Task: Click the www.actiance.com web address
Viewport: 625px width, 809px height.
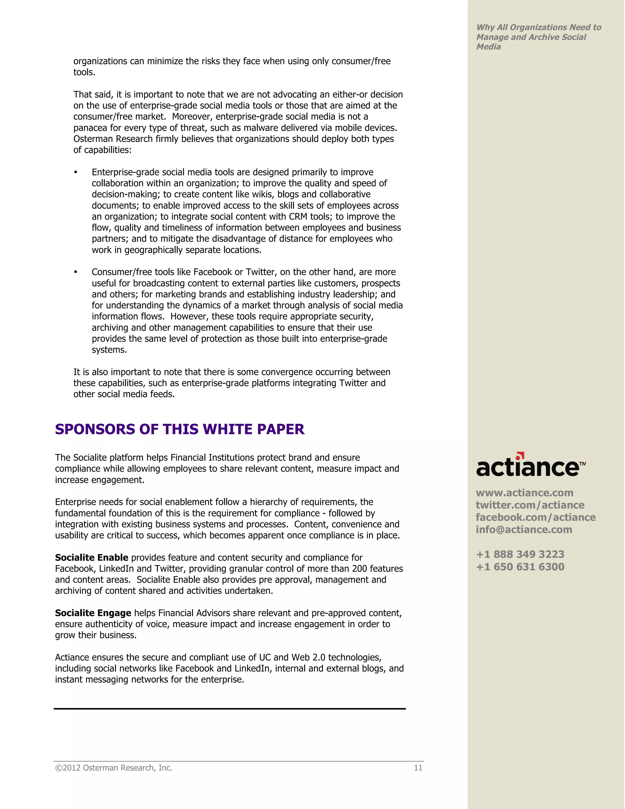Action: [524, 493]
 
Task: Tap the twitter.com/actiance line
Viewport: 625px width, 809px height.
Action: [530, 505]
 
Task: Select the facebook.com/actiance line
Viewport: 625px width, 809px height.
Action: [535, 517]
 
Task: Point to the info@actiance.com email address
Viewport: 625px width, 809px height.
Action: [524, 529]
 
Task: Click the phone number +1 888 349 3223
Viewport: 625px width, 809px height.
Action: [520, 554]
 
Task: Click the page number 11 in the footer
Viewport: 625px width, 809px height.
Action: [418, 767]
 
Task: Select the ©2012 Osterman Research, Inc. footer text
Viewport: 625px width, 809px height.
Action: [114, 767]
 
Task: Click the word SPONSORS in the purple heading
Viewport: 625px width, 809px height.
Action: [95, 429]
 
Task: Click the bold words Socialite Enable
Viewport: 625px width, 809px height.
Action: [92, 557]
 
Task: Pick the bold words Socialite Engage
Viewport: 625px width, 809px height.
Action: [93, 613]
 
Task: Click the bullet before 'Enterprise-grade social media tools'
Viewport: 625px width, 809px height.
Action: [76, 172]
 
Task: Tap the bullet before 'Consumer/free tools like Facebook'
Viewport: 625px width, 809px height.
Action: [76, 272]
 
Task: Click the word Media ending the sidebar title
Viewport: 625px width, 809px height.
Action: [488, 47]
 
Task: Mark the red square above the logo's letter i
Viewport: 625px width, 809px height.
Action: [521, 455]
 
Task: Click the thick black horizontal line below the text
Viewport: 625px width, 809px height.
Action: [229, 709]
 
